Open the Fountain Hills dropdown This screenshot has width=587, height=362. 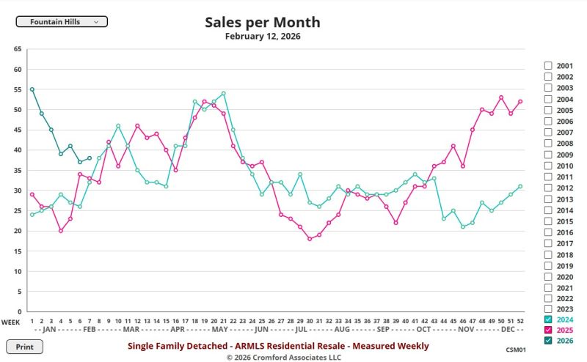pyautogui.click(x=62, y=22)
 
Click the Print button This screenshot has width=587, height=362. pyautogui.click(x=24, y=347)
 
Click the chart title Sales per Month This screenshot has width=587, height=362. pyautogui.click(x=262, y=22)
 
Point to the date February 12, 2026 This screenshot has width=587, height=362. pyautogui.click(x=262, y=36)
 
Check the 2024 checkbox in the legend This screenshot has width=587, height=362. pyautogui.click(x=548, y=319)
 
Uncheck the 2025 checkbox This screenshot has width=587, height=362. pyautogui.click(x=548, y=330)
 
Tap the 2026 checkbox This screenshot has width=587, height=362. pyautogui.click(x=548, y=341)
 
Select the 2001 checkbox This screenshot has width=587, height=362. pyautogui.click(x=548, y=65)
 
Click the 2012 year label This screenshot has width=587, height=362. pyautogui.click(x=564, y=188)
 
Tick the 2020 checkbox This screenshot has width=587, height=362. pyautogui.click(x=548, y=277)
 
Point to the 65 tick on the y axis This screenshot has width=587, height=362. pyautogui.click(x=18, y=49)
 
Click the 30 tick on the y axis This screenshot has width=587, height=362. pyautogui.click(x=18, y=191)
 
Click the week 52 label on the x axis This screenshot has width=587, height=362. pyautogui.click(x=520, y=321)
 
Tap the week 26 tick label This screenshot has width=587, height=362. pyautogui.click(x=271, y=321)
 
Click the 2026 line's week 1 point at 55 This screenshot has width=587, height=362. pyautogui.click(x=32, y=89)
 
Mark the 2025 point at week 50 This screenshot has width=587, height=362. pyautogui.click(x=501, y=97)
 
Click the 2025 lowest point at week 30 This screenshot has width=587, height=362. pyautogui.click(x=310, y=239)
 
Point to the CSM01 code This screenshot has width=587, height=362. pyautogui.click(x=516, y=350)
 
